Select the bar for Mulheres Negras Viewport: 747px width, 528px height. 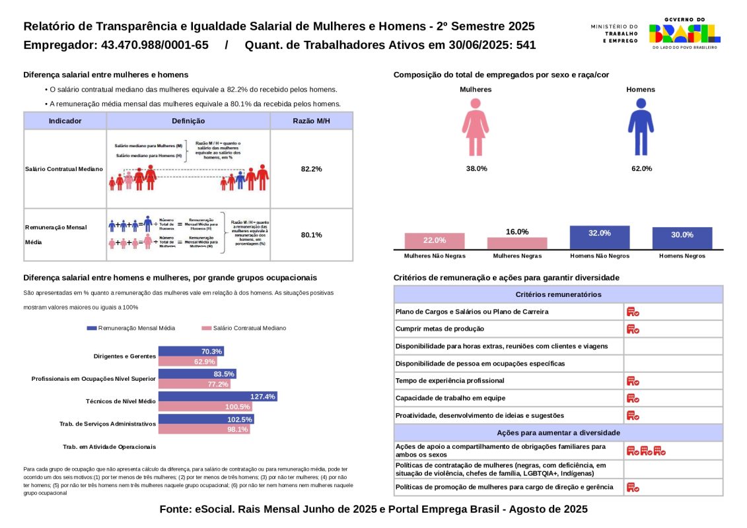(x=517, y=243)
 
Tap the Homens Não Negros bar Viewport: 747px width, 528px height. (x=599, y=238)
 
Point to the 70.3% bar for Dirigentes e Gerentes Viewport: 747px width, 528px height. (x=191, y=351)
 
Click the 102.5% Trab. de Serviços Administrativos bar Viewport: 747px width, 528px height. (x=205, y=419)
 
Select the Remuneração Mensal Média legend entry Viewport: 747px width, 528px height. (x=131, y=328)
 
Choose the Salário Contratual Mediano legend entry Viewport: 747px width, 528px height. (x=244, y=328)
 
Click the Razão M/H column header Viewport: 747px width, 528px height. (x=311, y=121)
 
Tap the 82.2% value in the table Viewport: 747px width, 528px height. (x=311, y=169)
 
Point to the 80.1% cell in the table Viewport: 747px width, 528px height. (x=311, y=235)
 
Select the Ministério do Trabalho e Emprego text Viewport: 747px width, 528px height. (x=614, y=34)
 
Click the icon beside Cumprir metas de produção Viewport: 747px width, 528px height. (x=632, y=329)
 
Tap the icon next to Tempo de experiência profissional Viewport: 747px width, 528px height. (x=632, y=381)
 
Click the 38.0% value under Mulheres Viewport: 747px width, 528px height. (x=476, y=169)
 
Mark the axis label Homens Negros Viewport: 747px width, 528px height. (x=682, y=256)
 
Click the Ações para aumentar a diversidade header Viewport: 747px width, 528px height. (x=558, y=433)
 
